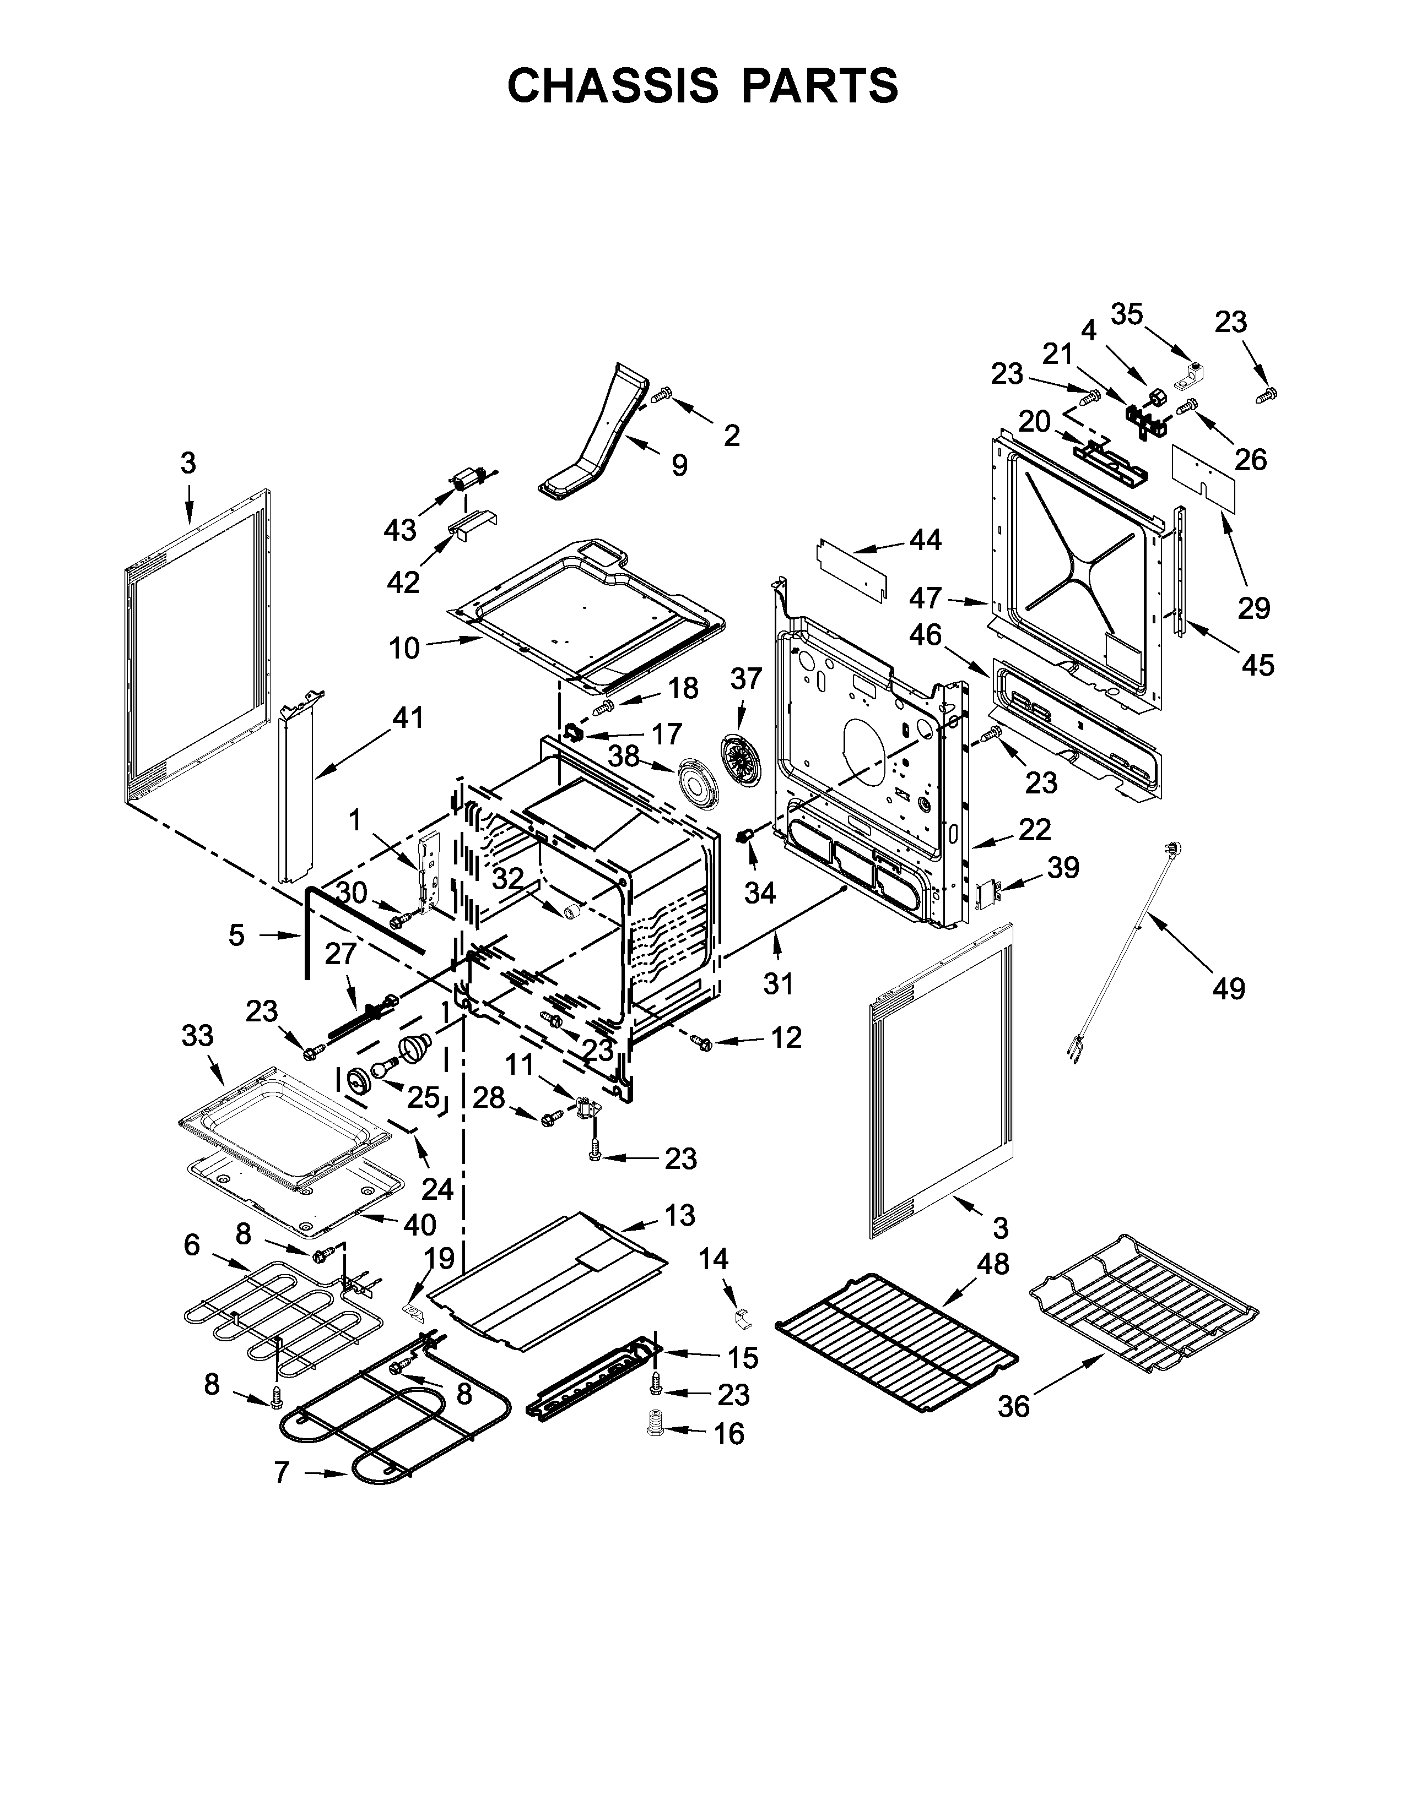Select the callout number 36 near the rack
click(1014, 1406)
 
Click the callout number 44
click(925, 540)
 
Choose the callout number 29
click(1253, 608)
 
